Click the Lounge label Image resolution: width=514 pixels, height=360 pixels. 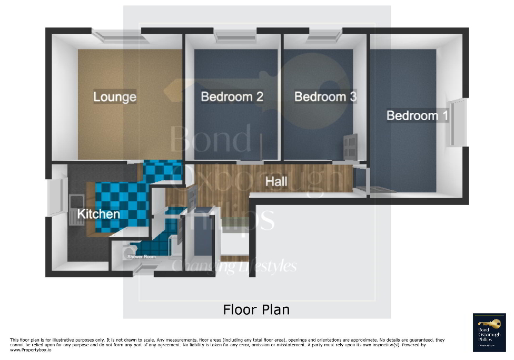[x=115, y=97]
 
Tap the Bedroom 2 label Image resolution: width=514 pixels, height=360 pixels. [x=232, y=97]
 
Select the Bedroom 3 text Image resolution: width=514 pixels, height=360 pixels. [x=325, y=97]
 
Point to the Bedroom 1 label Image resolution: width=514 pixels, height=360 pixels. [x=418, y=115]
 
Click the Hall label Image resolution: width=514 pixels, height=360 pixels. [x=276, y=182]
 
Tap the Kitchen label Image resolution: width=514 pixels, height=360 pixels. [x=98, y=214]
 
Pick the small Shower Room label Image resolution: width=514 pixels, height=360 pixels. [x=142, y=257]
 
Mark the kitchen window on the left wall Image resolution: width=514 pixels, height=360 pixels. [x=56, y=198]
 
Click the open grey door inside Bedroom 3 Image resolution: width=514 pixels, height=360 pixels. [x=350, y=146]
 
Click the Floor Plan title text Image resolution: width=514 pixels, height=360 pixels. [x=256, y=309]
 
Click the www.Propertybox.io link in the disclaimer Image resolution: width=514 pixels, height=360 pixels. [x=31, y=350]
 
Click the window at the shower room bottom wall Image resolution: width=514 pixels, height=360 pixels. [x=142, y=270]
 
